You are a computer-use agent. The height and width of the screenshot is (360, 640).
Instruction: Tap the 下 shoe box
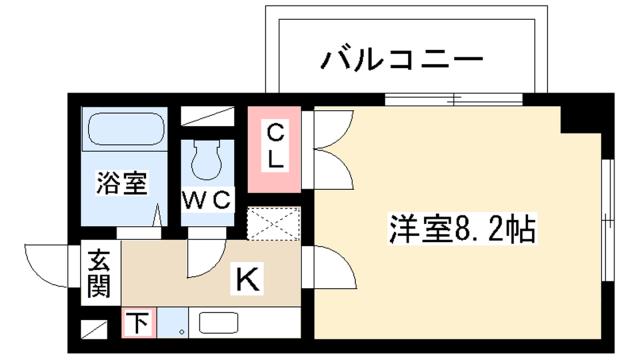(138, 322)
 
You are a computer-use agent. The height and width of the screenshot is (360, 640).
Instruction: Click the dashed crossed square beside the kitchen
(274, 223)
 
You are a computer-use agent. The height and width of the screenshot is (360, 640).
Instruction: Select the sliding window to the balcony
(455, 99)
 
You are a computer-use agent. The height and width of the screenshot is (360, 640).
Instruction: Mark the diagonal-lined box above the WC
(207, 115)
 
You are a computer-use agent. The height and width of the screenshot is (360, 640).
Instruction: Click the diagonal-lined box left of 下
(94, 324)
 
